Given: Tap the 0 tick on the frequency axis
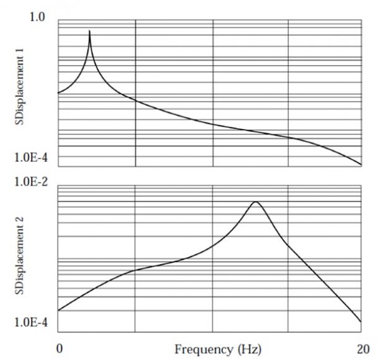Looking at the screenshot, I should pos(59,348).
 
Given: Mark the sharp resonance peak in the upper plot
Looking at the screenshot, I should pos(90,31).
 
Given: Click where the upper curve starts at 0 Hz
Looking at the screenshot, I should pos(59,93).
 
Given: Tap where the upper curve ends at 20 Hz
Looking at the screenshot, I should pos(361,165).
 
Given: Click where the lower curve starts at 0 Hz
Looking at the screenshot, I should pos(59,310).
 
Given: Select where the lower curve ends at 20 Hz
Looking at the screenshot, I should pos(361,321).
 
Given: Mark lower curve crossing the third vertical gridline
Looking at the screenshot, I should pos(288,244).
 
